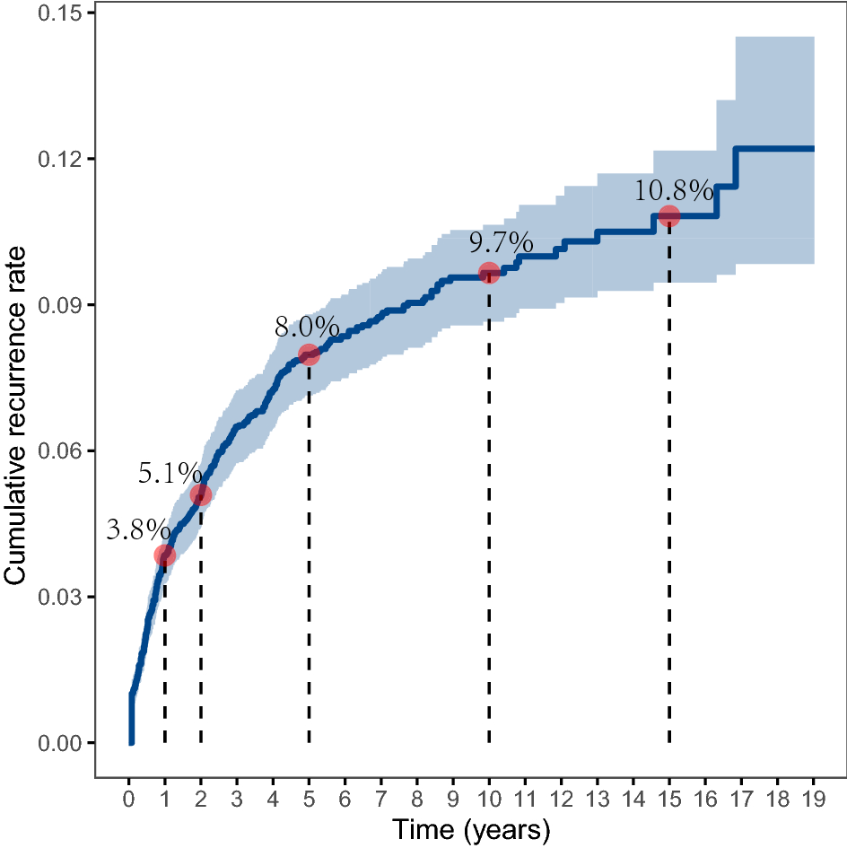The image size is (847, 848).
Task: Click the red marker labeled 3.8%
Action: tap(164, 555)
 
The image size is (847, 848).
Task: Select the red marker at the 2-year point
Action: tap(200, 495)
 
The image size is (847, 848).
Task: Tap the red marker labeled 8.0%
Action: tap(309, 354)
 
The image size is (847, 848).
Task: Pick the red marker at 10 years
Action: tap(489, 273)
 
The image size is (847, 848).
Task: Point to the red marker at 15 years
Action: tap(668, 215)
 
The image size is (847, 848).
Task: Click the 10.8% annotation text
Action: tap(674, 191)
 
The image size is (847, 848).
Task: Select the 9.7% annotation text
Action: tap(501, 243)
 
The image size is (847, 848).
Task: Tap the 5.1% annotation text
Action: tap(170, 473)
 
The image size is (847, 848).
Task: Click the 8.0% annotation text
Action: tap(307, 328)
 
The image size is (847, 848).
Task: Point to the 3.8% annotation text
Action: tap(137, 530)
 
